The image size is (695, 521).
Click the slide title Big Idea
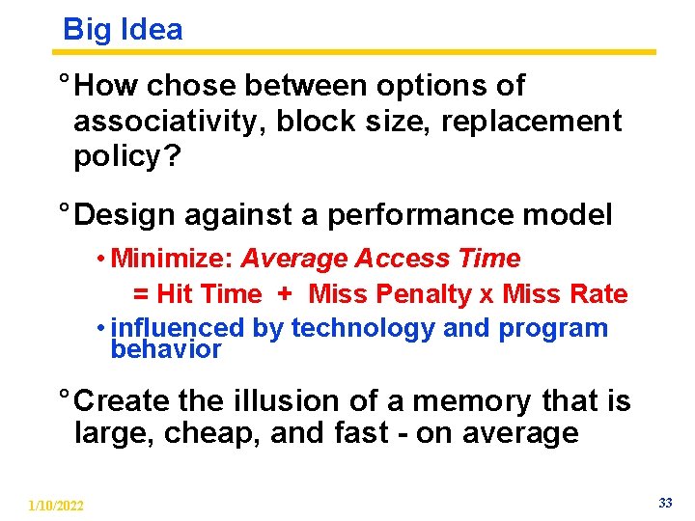click(123, 29)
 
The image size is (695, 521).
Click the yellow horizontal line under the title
click(357, 52)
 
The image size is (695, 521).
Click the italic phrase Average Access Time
click(380, 259)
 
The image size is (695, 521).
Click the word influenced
click(179, 328)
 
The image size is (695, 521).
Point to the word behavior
click(166, 349)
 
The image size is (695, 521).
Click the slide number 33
click(665, 503)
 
